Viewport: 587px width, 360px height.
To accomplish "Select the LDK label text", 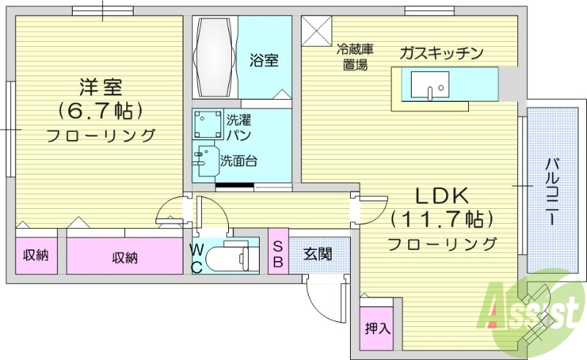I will click(x=441, y=196).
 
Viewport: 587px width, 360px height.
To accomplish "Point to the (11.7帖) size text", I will click(x=441, y=219).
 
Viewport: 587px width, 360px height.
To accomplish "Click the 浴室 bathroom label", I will click(x=263, y=59).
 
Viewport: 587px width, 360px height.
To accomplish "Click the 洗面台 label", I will click(x=238, y=160).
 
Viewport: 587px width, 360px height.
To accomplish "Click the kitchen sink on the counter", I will click(x=429, y=86).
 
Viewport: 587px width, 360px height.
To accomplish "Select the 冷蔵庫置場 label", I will click(x=355, y=57).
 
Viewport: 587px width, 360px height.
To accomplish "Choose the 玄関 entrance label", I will click(x=317, y=254).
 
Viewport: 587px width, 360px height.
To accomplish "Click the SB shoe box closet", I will click(x=279, y=254).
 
